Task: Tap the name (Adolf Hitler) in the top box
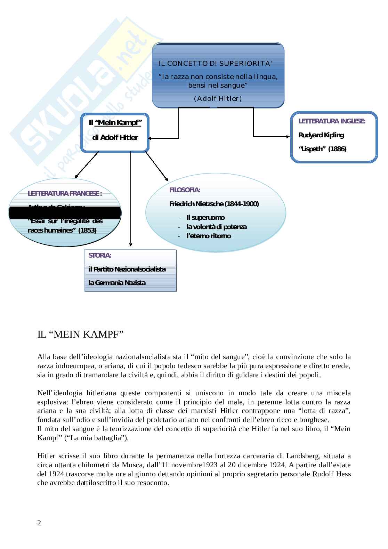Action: pyautogui.click(x=218, y=98)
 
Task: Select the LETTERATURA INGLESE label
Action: pyautogui.click(x=332, y=121)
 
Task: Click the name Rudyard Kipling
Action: pyautogui.click(x=321, y=135)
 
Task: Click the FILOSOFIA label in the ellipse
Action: pyautogui.click(x=185, y=190)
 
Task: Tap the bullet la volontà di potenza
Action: pyautogui.click(x=216, y=227)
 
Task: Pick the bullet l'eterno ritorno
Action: pyautogui.click(x=209, y=236)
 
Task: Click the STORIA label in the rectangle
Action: pyautogui.click(x=100, y=255)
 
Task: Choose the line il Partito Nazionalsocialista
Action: pyautogui.click(x=127, y=269)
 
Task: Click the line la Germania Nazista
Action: pyautogui.click(x=117, y=283)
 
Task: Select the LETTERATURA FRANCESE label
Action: pyautogui.click(x=65, y=194)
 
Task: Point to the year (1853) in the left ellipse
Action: pyautogui.click(x=87, y=230)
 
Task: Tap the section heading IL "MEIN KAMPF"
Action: pyautogui.click(x=80, y=334)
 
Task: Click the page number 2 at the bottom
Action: pyautogui.click(x=39, y=523)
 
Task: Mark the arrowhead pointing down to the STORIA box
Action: pyautogui.click(x=130, y=245)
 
